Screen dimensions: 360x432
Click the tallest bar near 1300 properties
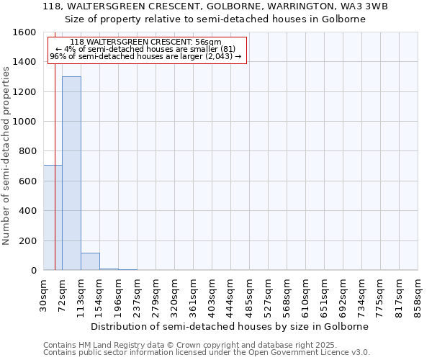point(71,173)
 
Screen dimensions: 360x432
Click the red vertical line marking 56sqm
point(55,180)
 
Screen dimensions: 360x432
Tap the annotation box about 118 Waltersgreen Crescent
point(147,50)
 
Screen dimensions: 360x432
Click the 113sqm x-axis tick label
point(81,295)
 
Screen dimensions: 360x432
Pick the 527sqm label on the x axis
point(269,295)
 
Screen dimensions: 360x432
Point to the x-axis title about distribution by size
point(230,326)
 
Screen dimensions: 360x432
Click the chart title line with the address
point(216,6)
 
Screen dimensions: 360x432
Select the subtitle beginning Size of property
point(216,19)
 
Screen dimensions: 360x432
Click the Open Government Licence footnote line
point(207,353)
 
